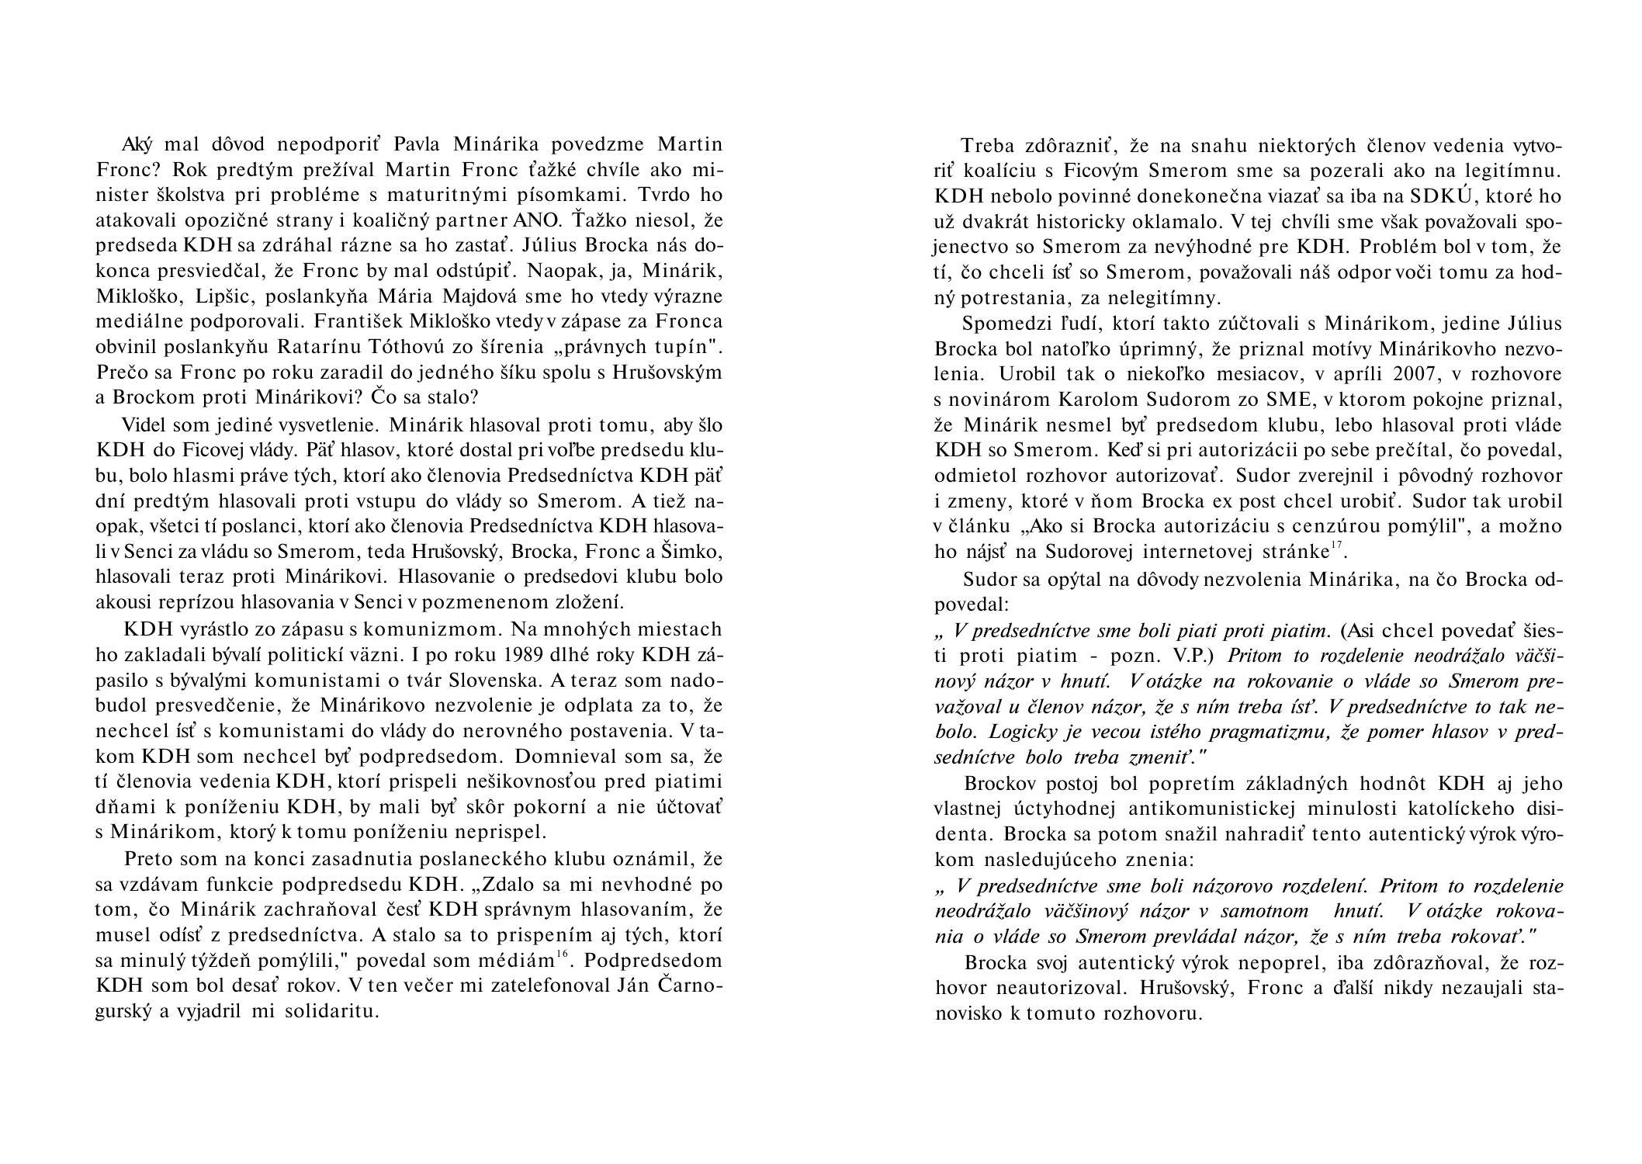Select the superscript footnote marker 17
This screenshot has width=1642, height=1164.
1336,547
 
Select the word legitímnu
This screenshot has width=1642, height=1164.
1509,171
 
